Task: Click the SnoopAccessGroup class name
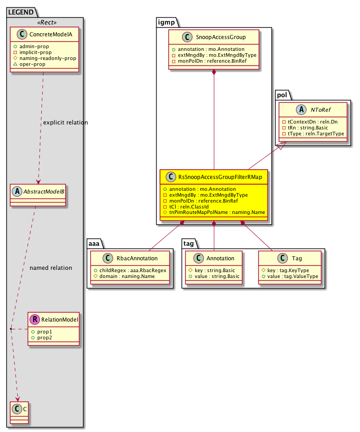pyautogui.click(x=219, y=38)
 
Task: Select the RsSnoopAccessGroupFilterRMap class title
pyautogui.click(x=220, y=177)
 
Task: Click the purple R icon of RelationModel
pyautogui.click(x=35, y=320)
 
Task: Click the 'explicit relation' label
pyautogui.click(x=65, y=123)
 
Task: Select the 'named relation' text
pyautogui.click(x=50, y=268)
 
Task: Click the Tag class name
pyautogui.click(x=297, y=258)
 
